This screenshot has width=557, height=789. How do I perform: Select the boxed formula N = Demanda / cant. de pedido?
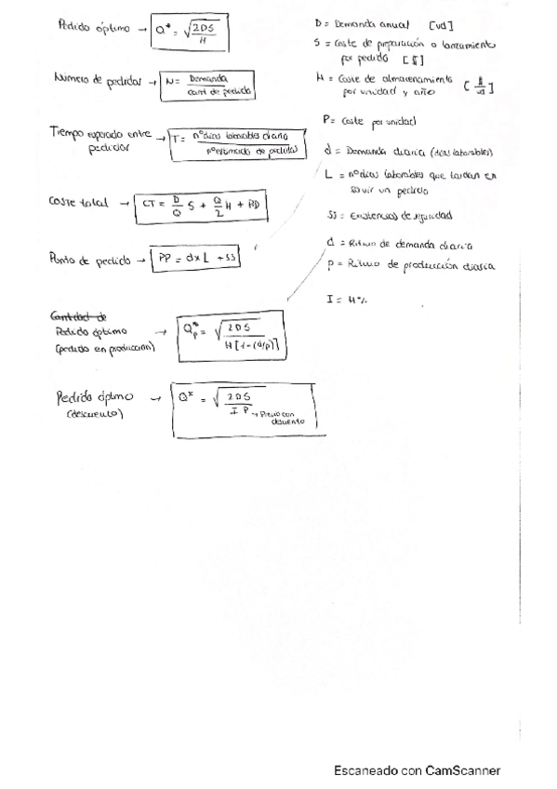206,86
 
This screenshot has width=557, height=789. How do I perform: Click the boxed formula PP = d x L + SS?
197,260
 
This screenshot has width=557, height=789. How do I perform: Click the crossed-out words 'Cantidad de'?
83,315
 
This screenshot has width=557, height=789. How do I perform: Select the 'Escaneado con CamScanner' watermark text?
418,770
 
